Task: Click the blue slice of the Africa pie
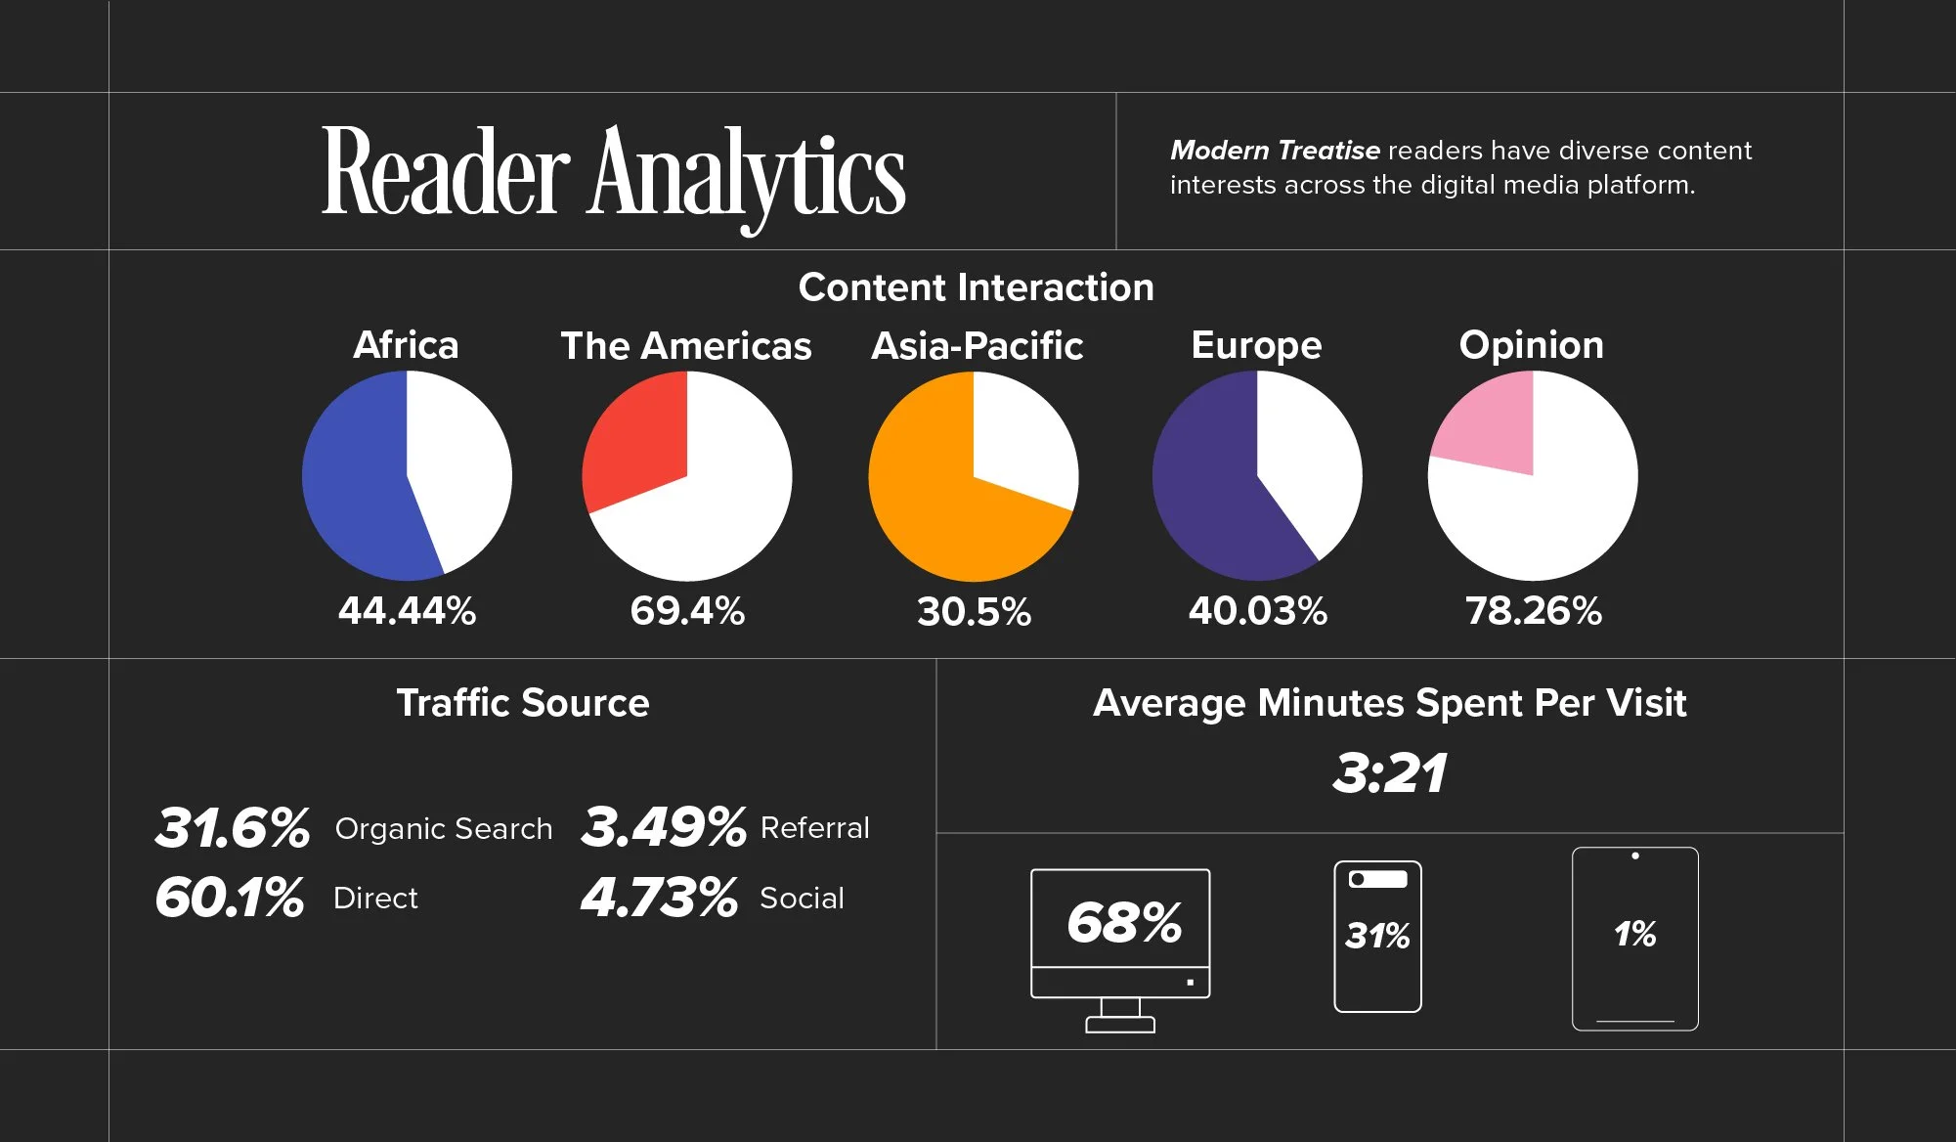[x=357, y=479]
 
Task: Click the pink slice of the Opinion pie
[x=1491, y=425]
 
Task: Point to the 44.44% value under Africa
[x=407, y=611]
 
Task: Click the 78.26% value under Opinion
[x=1533, y=611]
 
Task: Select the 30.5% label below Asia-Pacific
[x=974, y=612]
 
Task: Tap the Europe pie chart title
[x=1256, y=345]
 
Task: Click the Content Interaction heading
[x=976, y=287]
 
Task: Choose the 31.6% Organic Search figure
[x=233, y=827]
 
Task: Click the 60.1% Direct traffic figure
[x=230, y=898]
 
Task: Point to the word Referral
[x=814, y=828]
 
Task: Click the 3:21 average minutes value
[x=1389, y=773]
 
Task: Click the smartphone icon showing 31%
[x=1377, y=937]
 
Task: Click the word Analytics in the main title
[x=748, y=176]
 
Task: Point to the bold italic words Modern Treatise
[x=1275, y=151]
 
